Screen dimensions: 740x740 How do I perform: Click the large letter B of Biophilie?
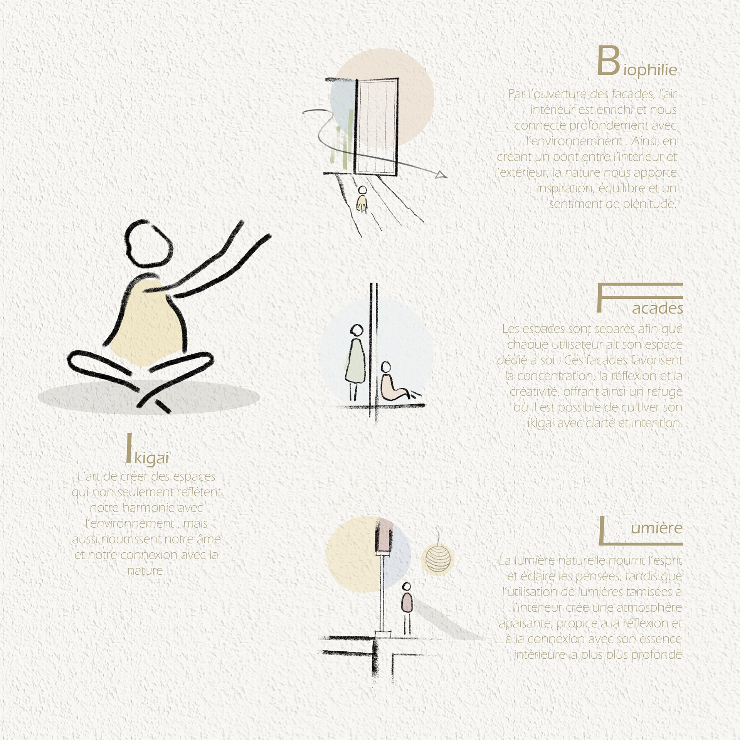(x=609, y=61)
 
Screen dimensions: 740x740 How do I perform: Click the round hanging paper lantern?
(x=437, y=559)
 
